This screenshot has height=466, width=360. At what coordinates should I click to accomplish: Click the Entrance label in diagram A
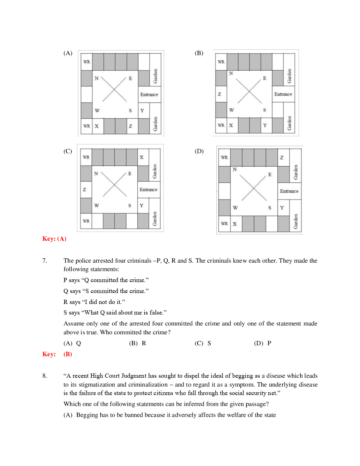click(149, 95)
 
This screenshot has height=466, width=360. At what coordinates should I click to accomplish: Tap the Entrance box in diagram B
click(283, 94)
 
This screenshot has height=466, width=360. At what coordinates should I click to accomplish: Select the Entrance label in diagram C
click(148, 190)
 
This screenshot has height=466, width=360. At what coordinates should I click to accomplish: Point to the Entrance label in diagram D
click(289, 191)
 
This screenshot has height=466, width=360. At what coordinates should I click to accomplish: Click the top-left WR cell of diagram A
click(87, 62)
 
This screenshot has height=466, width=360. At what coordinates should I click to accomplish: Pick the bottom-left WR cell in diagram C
click(86, 221)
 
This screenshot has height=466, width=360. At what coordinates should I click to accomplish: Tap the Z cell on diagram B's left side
click(220, 94)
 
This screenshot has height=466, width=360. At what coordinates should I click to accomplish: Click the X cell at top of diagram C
click(142, 157)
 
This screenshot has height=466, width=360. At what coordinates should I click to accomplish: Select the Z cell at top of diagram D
click(282, 157)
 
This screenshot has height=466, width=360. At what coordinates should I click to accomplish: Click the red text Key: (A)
click(54, 239)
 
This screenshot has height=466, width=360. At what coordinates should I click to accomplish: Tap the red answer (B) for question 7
click(68, 354)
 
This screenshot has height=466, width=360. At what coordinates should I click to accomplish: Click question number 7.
click(44, 261)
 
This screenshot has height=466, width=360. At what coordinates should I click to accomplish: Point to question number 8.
click(44, 376)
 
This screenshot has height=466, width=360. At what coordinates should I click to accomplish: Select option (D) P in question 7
click(263, 343)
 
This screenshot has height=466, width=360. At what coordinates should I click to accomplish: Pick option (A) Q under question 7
click(72, 343)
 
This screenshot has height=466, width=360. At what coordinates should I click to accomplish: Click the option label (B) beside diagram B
click(199, 53)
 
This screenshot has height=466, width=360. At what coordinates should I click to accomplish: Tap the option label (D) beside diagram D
click(199, 151)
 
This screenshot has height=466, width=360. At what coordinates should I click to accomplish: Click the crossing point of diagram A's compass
click(114, 89)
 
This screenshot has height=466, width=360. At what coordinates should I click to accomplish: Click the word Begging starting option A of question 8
click(87, 415)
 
